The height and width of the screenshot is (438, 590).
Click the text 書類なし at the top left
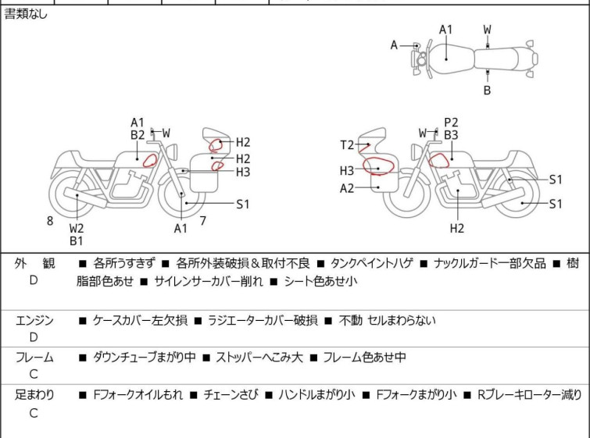[x=26, y=14]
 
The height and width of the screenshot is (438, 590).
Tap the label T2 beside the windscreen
[x=347, y=144]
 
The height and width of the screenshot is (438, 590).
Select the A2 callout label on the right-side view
[x=347, y=187]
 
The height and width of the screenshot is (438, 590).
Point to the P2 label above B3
[x=451, y=123]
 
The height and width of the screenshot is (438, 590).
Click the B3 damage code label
[x=451, y=134]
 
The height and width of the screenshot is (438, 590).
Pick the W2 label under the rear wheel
[x=77, y=228]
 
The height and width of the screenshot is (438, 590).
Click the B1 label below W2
[x=77, y=240]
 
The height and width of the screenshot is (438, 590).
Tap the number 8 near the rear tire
[x=50, y=221]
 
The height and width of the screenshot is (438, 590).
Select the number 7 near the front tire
[x=203, y=221]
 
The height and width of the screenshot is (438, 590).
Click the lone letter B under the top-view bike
[x=487, y=91]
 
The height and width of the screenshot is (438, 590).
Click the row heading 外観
[x=34, y=263]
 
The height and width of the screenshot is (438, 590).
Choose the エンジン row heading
[x=34, y=320]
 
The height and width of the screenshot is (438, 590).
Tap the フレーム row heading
[x=34, y=357]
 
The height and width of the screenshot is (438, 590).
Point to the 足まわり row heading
[x=34, y=395]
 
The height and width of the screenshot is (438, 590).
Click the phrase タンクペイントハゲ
[x=371, y=263]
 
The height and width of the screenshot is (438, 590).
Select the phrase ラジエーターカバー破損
[x=263, y=320]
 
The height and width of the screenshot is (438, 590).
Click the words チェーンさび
[x=231, y=395]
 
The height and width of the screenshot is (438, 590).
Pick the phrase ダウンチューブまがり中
[x=145, y=357]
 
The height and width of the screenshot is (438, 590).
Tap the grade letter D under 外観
[x=34, y=280]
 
